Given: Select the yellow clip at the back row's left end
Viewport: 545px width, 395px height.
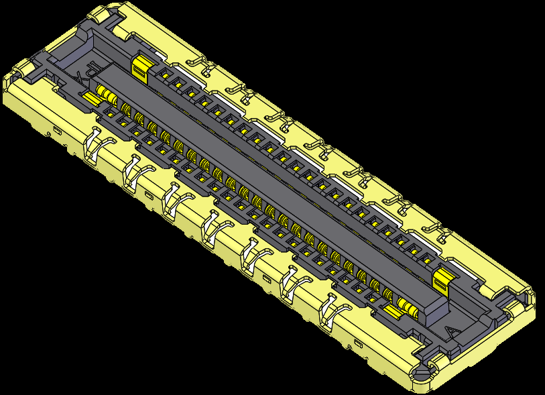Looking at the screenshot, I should click(140, 67).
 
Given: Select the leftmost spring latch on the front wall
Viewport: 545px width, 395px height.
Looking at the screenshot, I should click(94, 145).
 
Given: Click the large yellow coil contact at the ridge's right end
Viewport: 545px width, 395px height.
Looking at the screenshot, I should click(406, 307).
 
